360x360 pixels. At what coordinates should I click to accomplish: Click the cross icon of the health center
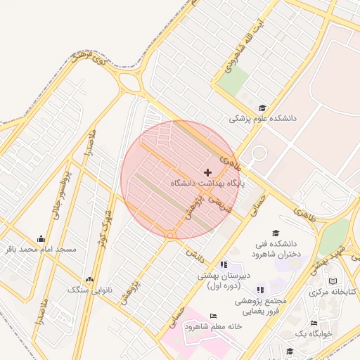(207, 172)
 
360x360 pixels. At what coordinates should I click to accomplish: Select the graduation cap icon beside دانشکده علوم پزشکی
(262, 108)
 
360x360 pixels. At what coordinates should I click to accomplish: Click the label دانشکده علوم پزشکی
(263, 119)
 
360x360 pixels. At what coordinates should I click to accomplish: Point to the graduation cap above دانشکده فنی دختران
(275, 233)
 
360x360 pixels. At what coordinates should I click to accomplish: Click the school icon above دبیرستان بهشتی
(224, 264)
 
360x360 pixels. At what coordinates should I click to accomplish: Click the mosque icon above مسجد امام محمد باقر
(41, 238)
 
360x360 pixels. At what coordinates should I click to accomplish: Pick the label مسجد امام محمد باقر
(40, 249)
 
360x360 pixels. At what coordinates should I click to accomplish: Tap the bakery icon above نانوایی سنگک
(88, 279)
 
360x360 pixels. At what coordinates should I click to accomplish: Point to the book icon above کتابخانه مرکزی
(333, 281)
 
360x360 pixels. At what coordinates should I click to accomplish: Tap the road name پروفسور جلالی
(65, 186)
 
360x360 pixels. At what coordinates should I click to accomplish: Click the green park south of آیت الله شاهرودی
(233, 83)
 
